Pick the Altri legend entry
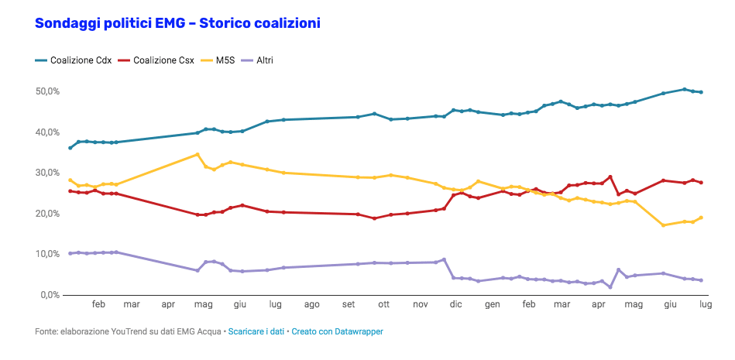pyautogui.click(x=264, y=60)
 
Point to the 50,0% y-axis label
pyautogui.click(x=48, y=91)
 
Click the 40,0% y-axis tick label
pyautogui.click(x=48, y=132)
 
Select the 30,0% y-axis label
pyautogui.click(x=48, y=173)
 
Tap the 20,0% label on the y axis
pyautogui.click(x=48, y=214)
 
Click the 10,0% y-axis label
pyautogui.click(x=48, y=254)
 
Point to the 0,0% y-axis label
pyautogui.click(x=50, y=295)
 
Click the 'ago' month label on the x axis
pyautogui.click(x=312, y=306)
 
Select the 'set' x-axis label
pyautogui.click(x=349, y=306)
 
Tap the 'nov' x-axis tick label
pyautogui.click(x=421, y=306)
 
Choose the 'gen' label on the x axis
pyautogui.click(x=492, y=306)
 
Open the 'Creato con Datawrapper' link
pyautogui.click(x=337, y=332)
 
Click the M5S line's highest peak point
pyautogui.click(x=197, y=154)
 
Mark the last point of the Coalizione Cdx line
pyautogui.click(x=701, y=92)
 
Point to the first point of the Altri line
pyautogui.click(x=70, y=253)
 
